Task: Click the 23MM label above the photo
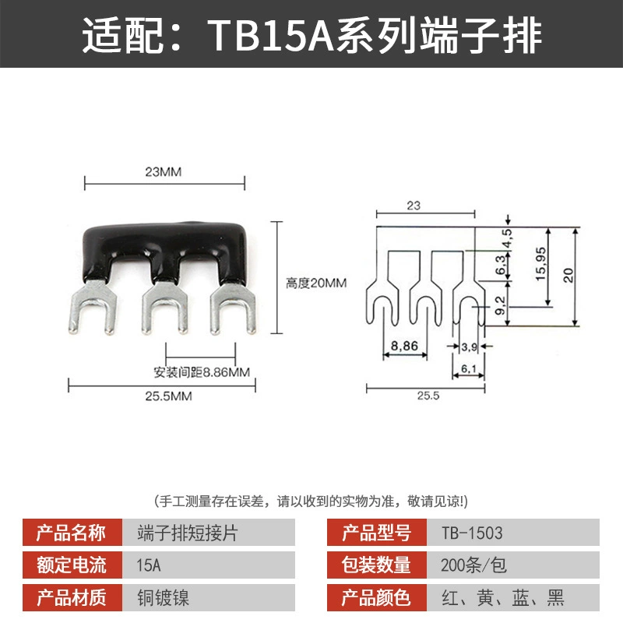(x=164, y=172)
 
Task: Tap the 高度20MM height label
(x=316, y=283)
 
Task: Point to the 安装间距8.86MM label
(x=202, y=372)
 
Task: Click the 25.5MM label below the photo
(x=168, y=396)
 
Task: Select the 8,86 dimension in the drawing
(x=404, y=346)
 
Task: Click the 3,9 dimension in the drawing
(x=470, y=347)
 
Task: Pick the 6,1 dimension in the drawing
(x=469, y=368)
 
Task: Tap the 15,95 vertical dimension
(x=540, y=264)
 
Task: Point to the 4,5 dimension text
(x=508, y=238)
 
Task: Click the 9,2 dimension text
(x=501, y=305)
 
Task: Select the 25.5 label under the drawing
(x=428, y=396)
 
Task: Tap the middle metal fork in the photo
(x=165, y=306)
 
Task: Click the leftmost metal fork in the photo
(x=93, y=306)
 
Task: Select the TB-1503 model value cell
(x=513, y=533)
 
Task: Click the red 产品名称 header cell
(x=72, y=533)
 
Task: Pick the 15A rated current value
(x=149, y=565)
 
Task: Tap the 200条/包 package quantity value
(x=473, y=565)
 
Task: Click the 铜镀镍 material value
(x=164, y=598)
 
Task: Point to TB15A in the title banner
(x=270, y=36)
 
